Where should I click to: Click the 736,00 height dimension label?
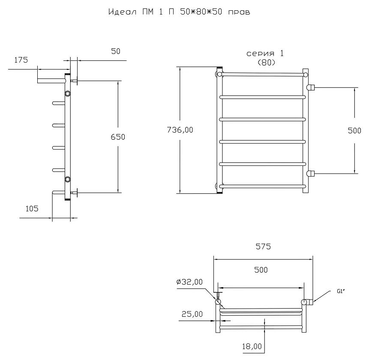[x=180, y=130]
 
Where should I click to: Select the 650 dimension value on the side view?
[x=118, y=137]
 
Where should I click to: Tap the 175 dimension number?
[x=21, y=60]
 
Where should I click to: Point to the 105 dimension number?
[x=32, y=208]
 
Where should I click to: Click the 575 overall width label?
[x=263, y=246]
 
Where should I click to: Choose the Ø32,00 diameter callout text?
[x=189, y=282]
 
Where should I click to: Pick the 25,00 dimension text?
[x=192, y=314]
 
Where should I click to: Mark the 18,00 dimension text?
[x=252, y=346]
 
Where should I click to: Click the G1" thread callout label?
[x=341, y=291]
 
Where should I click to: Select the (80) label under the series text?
[x=267, y=62]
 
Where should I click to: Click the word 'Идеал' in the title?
[x=123, y=12]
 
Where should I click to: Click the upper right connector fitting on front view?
[x=311, y=87]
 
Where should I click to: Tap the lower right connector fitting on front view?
[x=311, y=174]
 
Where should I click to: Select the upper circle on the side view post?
[x=68, y=94]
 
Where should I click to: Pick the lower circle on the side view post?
[x=68, y=180]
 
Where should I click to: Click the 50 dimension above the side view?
[x=116, y=51]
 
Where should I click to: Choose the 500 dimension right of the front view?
[x=354, y=131]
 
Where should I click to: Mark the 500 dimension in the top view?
[x=261, y=270]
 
